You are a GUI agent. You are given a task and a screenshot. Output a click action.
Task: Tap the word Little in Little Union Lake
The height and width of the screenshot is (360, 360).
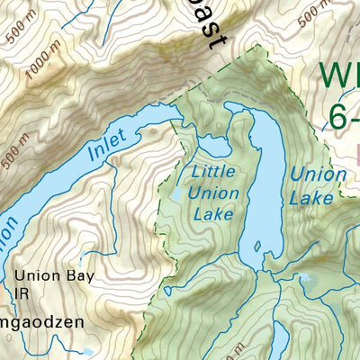tap(214, 172)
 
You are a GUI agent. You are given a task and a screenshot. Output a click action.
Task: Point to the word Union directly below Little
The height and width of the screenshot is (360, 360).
tap(215, 193)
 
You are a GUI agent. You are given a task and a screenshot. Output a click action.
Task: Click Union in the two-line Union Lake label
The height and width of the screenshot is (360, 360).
tap(318, 174)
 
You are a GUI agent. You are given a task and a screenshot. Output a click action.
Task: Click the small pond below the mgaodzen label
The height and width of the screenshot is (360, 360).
tap(87, 351)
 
